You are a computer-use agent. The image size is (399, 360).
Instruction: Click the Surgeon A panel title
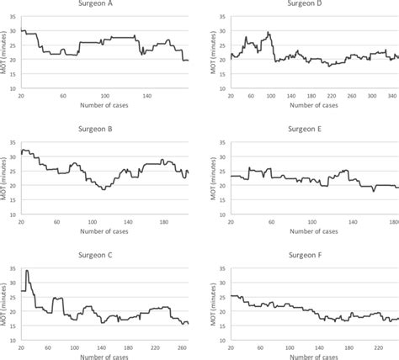point(105,5)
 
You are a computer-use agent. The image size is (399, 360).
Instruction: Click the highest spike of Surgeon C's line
point(27,271)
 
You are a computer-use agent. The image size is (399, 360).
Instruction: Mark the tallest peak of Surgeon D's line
point(269,33)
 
